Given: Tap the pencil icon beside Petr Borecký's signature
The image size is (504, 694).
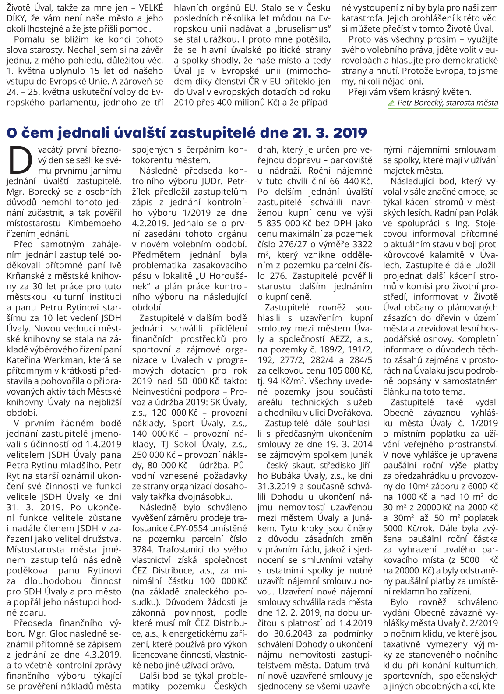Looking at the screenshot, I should (391, 103).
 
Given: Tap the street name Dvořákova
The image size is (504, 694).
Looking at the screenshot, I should (351, 413).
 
